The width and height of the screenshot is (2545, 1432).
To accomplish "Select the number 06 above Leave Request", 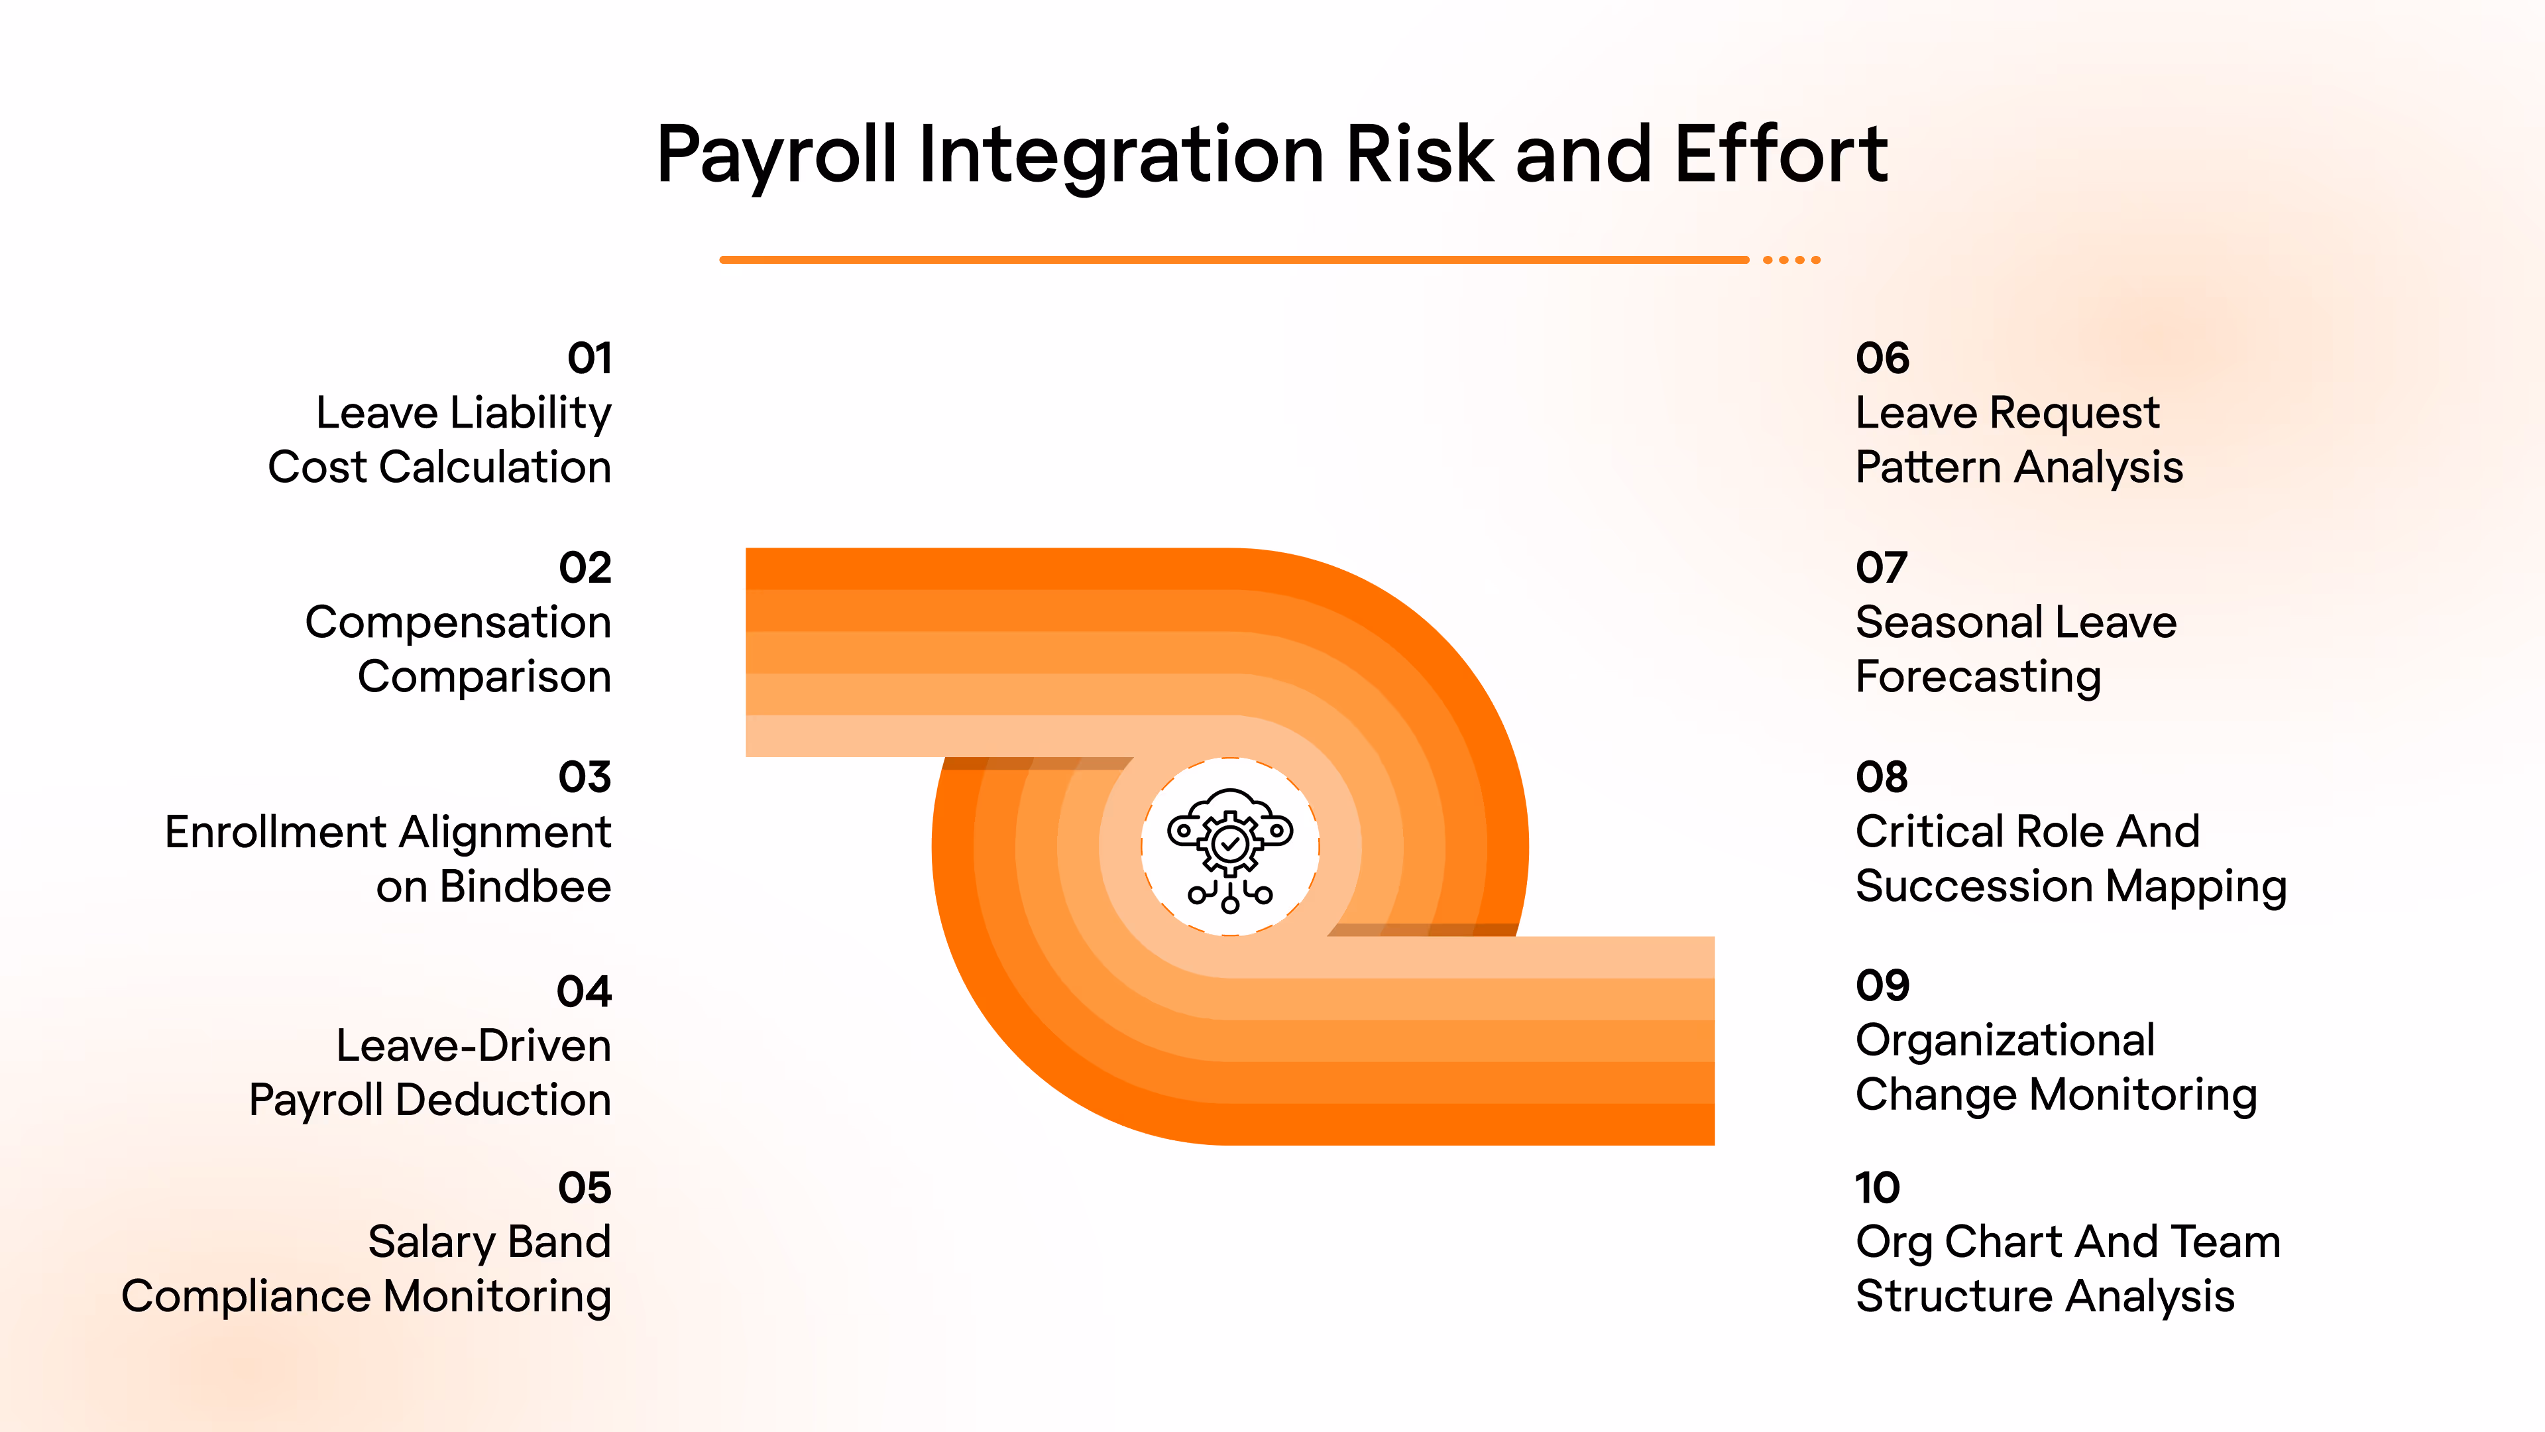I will pos(1882,358).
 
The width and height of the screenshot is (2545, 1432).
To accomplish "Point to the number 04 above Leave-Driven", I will pos(584,991).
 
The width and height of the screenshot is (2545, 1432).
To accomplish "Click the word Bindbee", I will pos(525,886).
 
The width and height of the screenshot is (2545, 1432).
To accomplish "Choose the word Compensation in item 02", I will pos(457,623).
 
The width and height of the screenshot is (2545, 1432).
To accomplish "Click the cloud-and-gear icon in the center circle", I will pos(1230,848).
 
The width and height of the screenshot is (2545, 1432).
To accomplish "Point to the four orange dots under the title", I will pos(1791,260).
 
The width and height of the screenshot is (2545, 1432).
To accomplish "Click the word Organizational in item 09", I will pos(2005,1041).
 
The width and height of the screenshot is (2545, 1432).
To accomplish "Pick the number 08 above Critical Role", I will pos(1881,777).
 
